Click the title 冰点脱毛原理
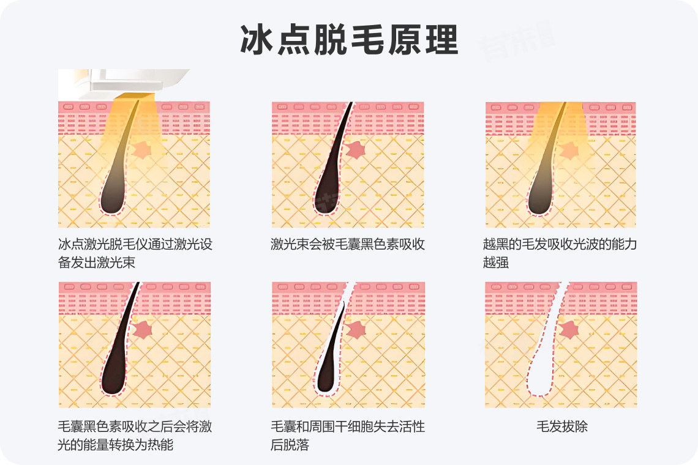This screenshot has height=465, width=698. (x=350, y=40)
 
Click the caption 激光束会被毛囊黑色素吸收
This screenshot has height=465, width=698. (x=348, y=244)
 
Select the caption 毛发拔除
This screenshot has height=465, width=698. (x=562, y=426)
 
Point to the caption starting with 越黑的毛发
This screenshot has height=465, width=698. (x=560, y=253)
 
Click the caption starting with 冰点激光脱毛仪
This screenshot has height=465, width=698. (x=135, y=253)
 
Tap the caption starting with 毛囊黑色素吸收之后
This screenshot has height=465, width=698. (x=135, y=435)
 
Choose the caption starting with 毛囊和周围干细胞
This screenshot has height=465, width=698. (x=348, y=435)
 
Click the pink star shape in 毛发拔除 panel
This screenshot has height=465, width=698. (x=569, y=330)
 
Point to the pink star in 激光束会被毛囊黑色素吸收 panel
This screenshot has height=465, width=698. (x=355, y=151)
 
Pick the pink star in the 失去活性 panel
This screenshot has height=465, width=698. (x=356, y=330)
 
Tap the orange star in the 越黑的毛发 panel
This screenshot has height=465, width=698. (x=569, y=151)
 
